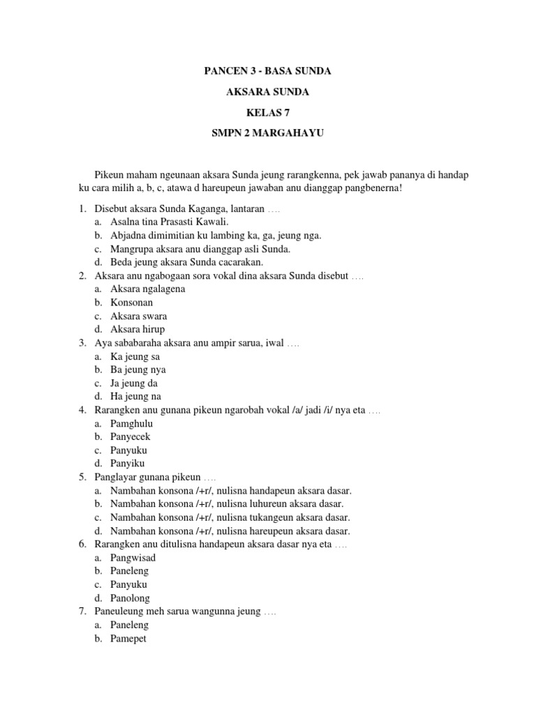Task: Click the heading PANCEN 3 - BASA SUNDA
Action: click(267, 71)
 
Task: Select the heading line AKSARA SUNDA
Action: click(267, 92)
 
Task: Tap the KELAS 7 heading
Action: click(267, 113)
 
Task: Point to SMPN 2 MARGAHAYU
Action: click(267, 134)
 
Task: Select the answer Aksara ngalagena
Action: click(147, 289)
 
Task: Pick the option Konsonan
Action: click(131, 303)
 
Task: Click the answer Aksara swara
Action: click(138, 316)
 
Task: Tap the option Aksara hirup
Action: click(137, 329)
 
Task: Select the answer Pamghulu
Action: click(131, 423)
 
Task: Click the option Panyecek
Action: click(130, 436)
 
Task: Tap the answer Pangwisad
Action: click(133, 557)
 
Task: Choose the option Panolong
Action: click(130, 598)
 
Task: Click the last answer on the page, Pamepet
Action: click(128, 638)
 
